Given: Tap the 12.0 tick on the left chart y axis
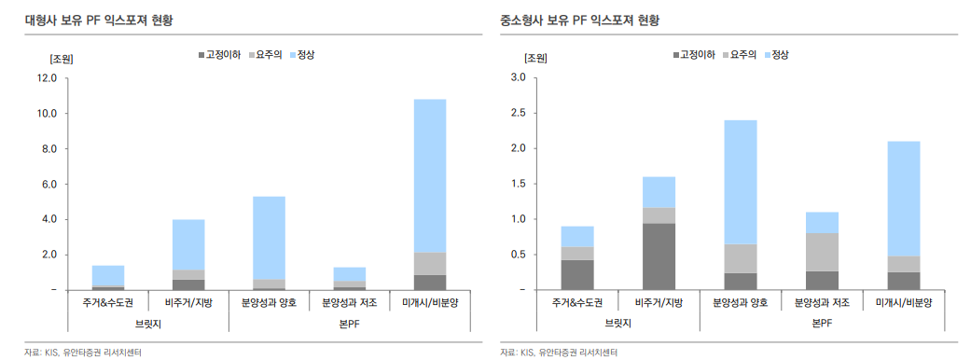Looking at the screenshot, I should pyautogui.click(x=47, y=78).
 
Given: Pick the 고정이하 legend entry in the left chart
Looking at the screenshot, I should pyautogui.click(x=224, y=55).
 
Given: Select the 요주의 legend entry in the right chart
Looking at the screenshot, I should pyautogui.click(x=738, y=55).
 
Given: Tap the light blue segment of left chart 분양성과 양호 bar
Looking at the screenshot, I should pyautogui.click(x=270, y=238).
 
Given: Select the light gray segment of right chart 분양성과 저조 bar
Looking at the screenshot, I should pyautogui.click(x=822, y=252).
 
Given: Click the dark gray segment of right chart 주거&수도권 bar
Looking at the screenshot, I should pyautogui.click(x=577, y=274).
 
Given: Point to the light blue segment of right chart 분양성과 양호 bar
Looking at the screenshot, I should pyautogui.click(x=741, y=182).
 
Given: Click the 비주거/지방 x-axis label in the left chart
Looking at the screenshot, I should pyautogui.click(x=188, y=303).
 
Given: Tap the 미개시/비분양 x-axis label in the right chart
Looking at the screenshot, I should pyautogui.click(x=904, y=303).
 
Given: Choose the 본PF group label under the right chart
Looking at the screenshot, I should pyautogui.click(x=822, y=323).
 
